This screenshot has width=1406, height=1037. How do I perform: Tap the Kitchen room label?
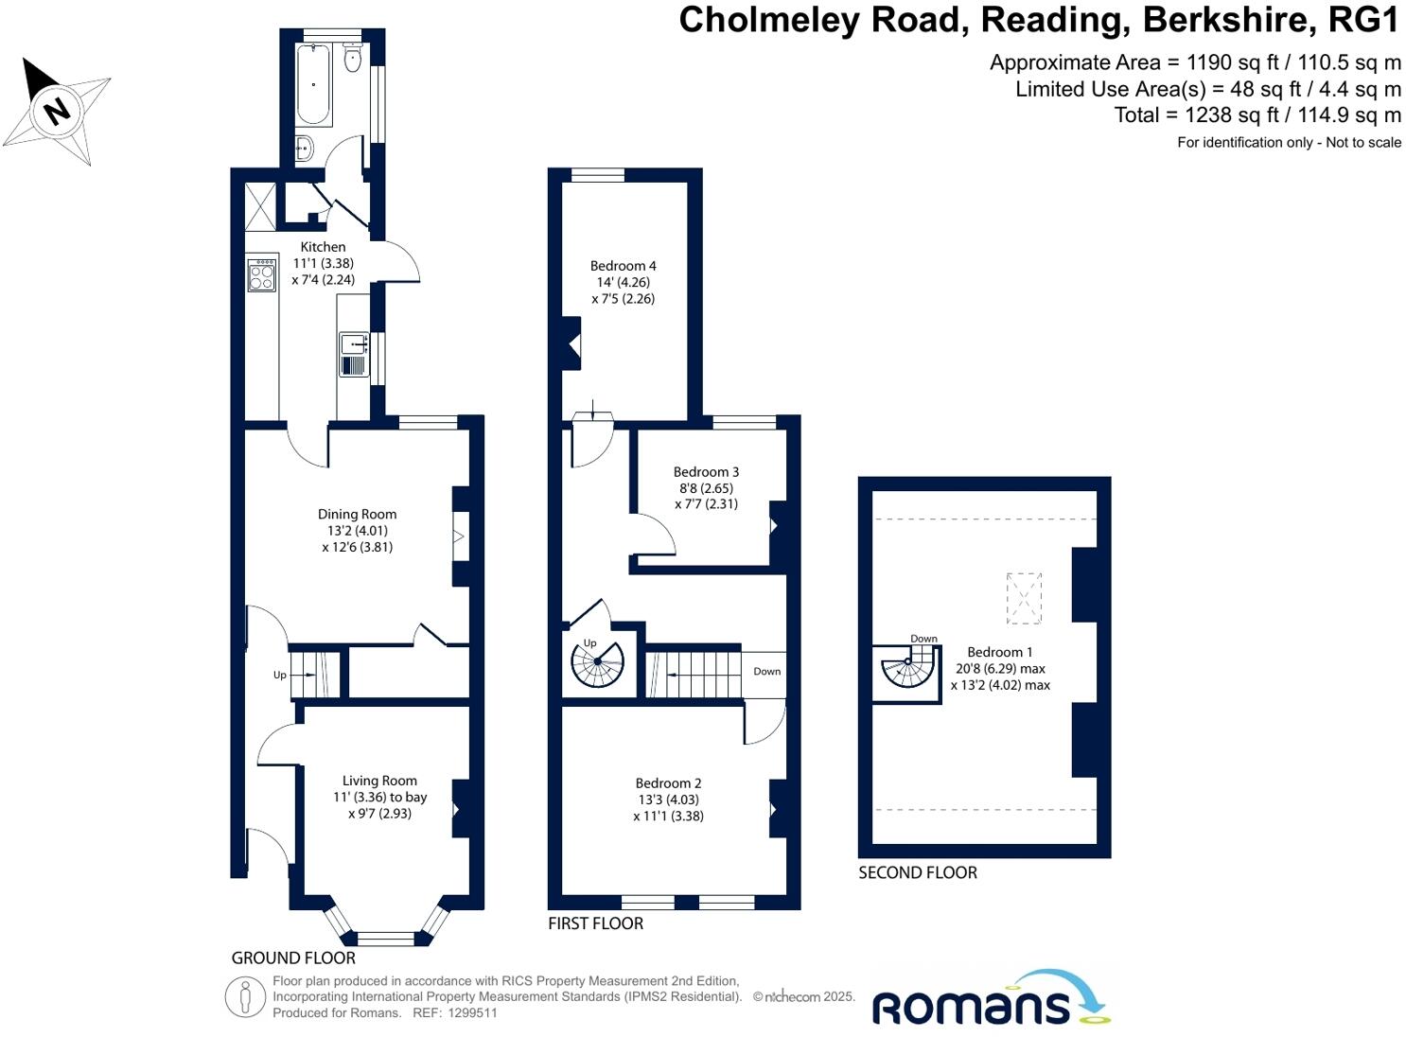tap(323, 247)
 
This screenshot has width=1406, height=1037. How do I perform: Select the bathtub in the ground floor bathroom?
tap(314, 85)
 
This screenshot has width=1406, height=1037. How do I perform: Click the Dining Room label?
tap(357, 515)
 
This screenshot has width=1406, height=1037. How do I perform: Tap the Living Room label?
tap(379, 781)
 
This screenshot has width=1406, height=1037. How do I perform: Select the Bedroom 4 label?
tap(623, 266)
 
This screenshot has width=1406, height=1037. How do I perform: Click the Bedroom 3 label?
tap(706, 471)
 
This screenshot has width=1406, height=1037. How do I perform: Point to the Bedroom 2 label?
tap(668, 782)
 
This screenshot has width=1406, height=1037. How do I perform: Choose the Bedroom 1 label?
tap(1000, 652)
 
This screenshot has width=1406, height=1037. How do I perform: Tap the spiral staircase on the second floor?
tap(907, 670)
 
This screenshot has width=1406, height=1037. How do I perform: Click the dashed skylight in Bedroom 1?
tap(1024, 598)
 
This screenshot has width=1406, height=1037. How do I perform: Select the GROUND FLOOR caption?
tap(293, 958)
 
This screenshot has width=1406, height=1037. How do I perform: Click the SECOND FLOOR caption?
tap(917, 872)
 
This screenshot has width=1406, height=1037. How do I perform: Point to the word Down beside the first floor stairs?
tap(766, 671)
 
